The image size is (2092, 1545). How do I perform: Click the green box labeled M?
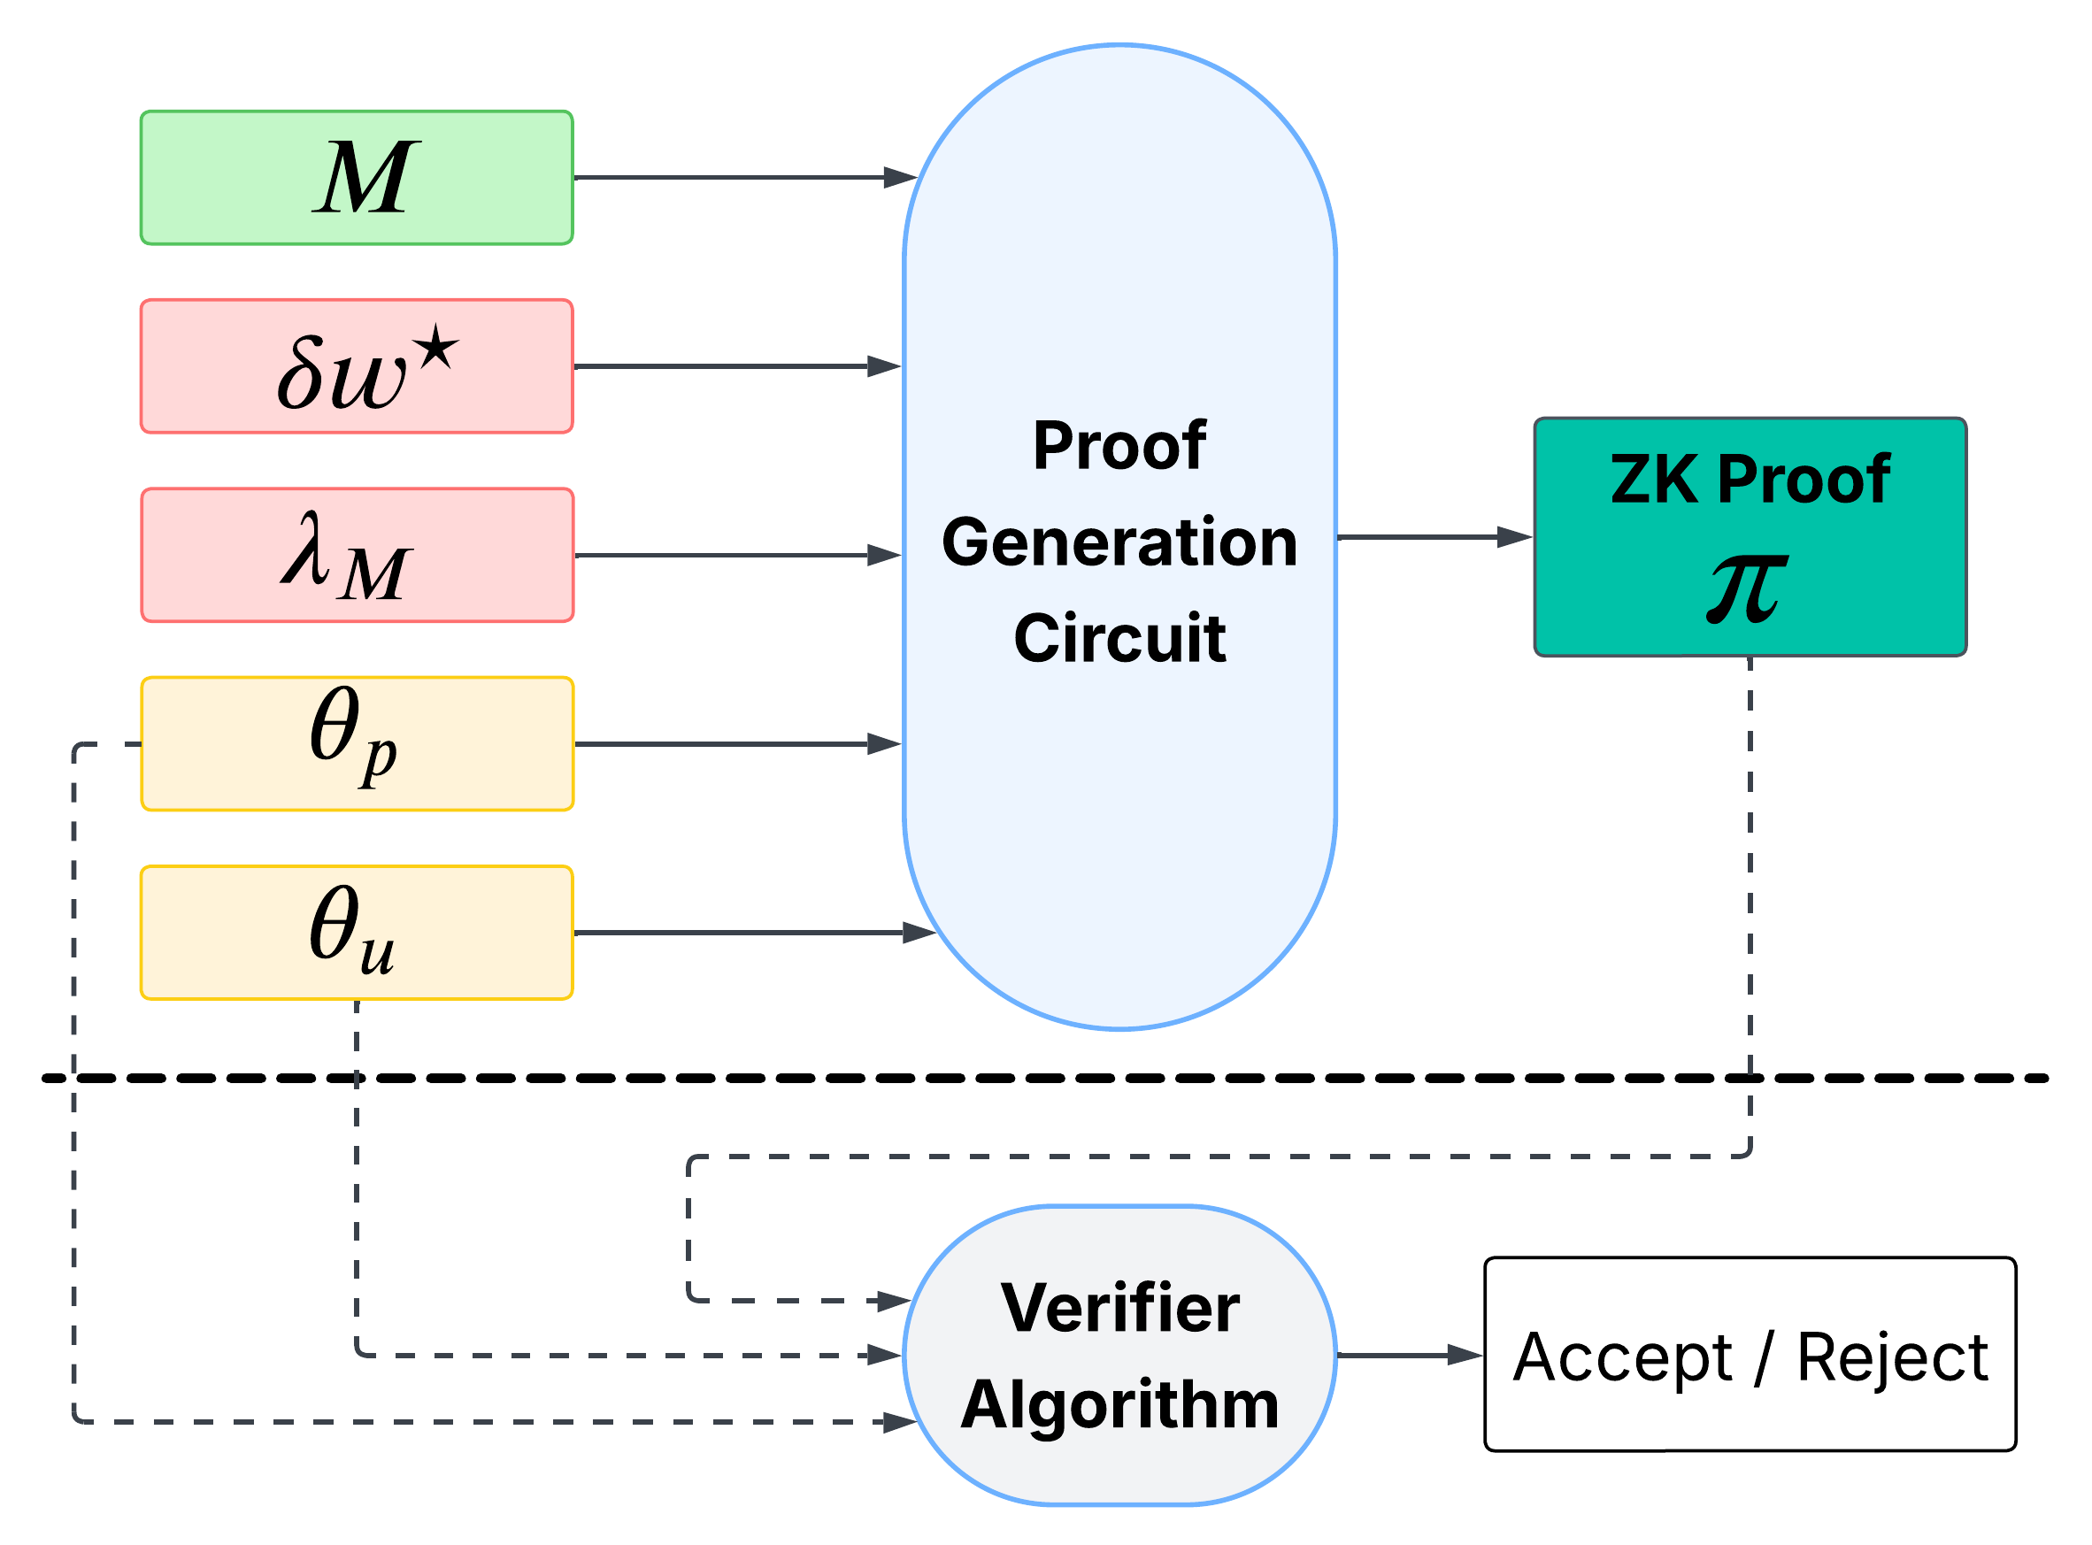point(357,178)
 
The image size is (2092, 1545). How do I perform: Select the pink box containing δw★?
point(357,366)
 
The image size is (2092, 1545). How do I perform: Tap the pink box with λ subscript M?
point(357,556)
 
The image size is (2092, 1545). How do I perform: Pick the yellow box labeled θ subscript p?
point(357,743)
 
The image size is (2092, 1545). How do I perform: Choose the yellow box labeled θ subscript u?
point(357,933)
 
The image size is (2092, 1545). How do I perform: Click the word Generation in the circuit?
point(1119,542)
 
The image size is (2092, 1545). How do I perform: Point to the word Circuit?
point(1119,639)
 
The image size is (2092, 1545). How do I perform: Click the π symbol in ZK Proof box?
point(1746,589)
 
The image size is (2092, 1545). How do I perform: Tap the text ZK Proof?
point(1750,480)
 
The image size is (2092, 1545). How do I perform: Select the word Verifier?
point(1119,1308)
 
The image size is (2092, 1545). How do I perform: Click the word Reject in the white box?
point(1892,1357)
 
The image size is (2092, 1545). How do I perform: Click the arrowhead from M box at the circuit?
point(898,178)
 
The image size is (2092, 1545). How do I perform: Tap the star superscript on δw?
point(437,354)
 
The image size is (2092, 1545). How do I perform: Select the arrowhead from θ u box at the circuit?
point(919,933)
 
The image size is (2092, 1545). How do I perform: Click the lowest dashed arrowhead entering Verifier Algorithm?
point(898,1423)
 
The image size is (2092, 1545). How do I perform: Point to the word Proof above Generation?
point(1119,446)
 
